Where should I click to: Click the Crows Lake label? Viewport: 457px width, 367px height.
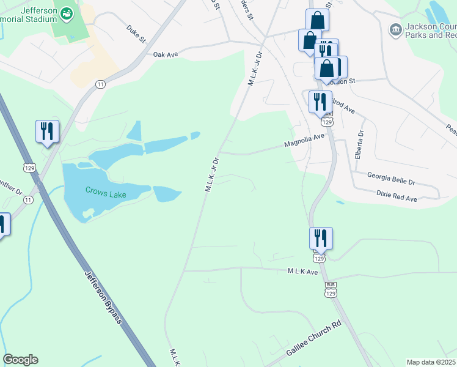pyautogui.click(x=106, y=194)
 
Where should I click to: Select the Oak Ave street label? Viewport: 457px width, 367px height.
pyautogui.click(x=165, y=54)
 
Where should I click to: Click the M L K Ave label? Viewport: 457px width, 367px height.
pyautogui.click(x=304, y=272)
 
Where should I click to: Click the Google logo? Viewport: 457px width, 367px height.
pyautogui.click(x=20, y=360)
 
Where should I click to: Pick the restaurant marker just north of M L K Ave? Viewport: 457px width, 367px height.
pyautogui.click(x=321, y=238)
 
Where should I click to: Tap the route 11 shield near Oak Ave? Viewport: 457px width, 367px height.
pyautogui.click(x=100, y=84)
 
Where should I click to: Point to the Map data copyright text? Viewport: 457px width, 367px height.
pyautogui.click(x=431, y=362)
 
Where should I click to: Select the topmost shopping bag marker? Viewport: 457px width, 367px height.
pyautogui.click(x=317, y=20)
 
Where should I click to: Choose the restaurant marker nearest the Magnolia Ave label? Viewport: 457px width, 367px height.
pyautogui.click(x=320, y=102)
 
